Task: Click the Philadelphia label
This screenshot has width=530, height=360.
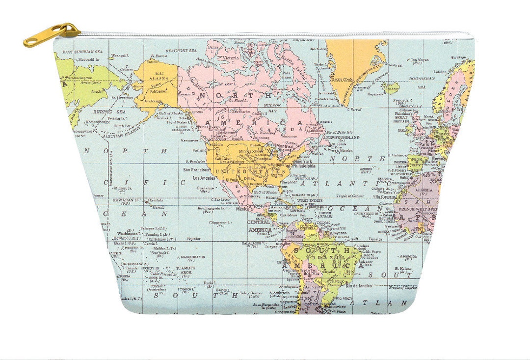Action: click(x=304, y=166)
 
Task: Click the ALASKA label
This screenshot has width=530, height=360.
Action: click(x=159, y=78)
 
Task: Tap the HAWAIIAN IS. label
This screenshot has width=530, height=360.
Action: click(x=128, y=200)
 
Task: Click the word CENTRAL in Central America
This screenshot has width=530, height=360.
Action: click(x=259, y=222)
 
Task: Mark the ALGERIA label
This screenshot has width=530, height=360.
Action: click(x=423, y=190)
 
